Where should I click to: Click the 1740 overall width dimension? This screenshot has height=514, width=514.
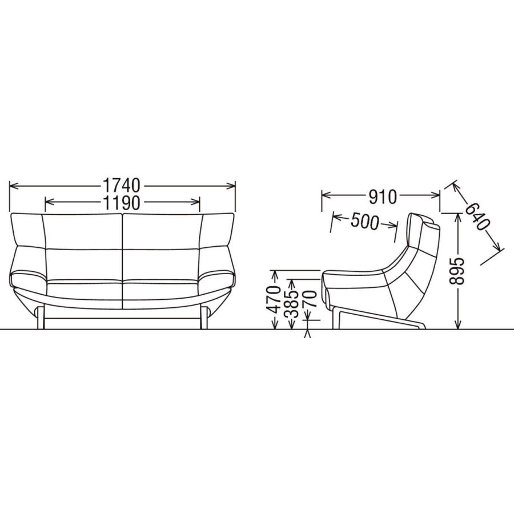pos(122,186)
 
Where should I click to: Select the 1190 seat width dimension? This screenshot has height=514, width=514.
pos(122,203)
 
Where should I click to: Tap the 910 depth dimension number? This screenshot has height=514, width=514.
pos(382,197)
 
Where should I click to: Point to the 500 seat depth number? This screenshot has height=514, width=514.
pos(364,222)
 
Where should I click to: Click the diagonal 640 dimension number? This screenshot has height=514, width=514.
pos(477,216)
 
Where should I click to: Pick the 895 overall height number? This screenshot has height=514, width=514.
pos(457,271)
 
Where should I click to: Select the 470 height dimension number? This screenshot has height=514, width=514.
pos(274,299)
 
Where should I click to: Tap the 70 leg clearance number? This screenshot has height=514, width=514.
pos(309,298)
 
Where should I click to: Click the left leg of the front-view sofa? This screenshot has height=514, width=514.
pos(41,318)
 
